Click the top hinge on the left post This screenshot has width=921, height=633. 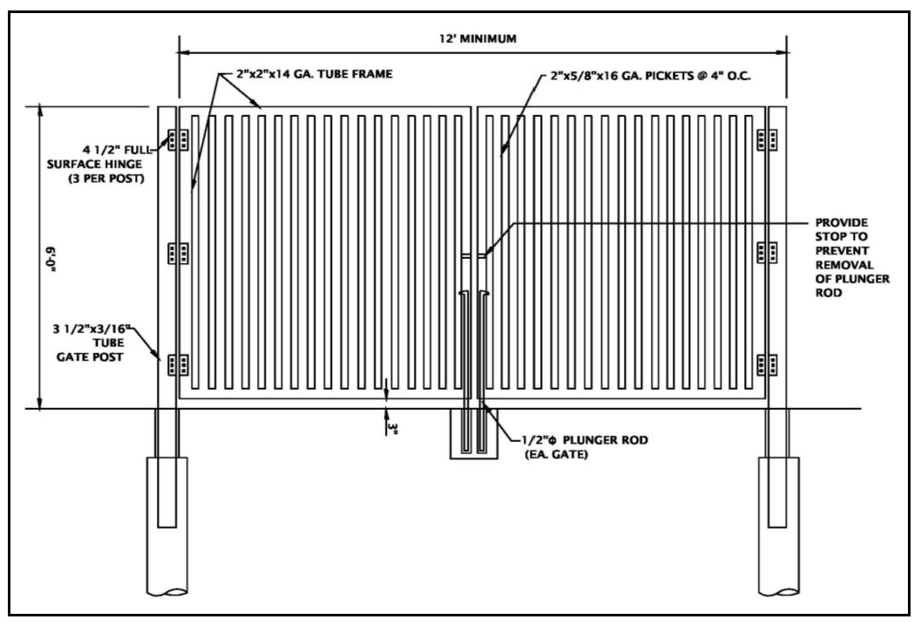coord(179,140)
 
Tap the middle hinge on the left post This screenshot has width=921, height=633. coord(179,253)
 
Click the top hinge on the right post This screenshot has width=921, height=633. coord(767,140)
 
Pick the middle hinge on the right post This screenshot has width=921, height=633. coord(767,253)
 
